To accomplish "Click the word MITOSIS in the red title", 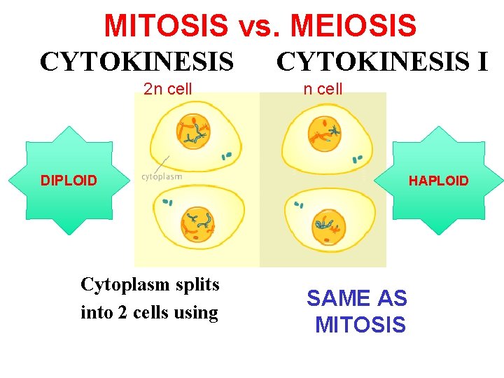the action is (x=166, y=26).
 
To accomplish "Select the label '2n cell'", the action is (x=167, y=89).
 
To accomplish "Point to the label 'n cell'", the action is (x=323, y=89).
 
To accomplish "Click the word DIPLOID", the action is (x=69, y=181).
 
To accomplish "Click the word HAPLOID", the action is (x=439, y=181).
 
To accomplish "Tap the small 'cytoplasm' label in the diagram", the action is (x=162, y=176).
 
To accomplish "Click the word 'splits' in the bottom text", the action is (x=199, y=285).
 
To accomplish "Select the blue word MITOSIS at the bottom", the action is (x=360, y=325).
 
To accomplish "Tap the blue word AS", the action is (x=392, y=298).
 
